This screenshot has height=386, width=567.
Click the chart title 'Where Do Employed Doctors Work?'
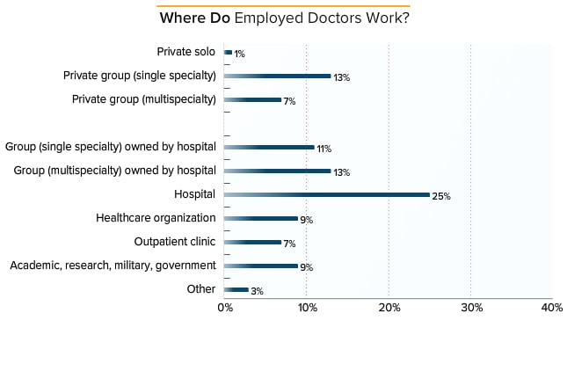coord(284,18)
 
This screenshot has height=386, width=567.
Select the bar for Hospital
coord(327,194)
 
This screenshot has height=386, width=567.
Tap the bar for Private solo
coord(229,52)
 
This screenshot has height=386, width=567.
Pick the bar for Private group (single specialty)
coord(278,76)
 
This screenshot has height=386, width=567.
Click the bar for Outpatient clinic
coord(253,242)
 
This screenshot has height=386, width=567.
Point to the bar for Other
coord(236,289)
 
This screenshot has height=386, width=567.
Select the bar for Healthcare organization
coord(261,218)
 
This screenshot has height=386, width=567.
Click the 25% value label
coord(441,196)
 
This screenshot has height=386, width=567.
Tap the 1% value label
coord(239,54)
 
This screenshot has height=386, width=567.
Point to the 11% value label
coord(324,149)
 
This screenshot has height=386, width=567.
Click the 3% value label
coord(257,291)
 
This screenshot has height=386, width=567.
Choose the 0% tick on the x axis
coord(225,307)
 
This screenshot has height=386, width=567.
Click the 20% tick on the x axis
coord(389,307)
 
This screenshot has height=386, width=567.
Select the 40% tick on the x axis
coord(551,307)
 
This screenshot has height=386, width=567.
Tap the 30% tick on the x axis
coord(471,307)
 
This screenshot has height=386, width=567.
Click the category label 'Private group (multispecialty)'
coord(144,99)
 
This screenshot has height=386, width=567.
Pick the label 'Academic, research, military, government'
coord(113,265)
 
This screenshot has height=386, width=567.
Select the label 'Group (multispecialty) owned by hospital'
coord(115,170)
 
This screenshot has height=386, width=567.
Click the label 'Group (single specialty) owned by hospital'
coord(111,146)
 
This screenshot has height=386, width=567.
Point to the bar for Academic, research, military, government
coord(261,266)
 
